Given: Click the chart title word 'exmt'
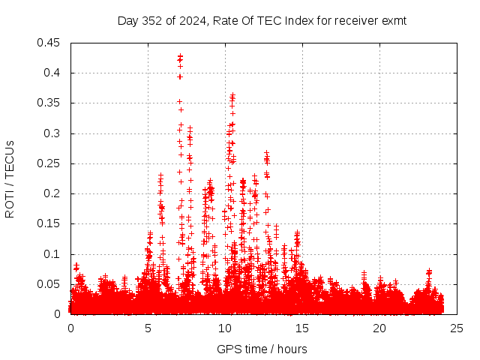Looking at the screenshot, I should pyautogui.click(x=394, y=21).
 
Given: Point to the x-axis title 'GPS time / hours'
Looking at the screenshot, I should pyautogui.click(x=262, y=349).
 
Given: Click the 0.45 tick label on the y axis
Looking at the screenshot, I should pyautogui.click(x=51, y=43).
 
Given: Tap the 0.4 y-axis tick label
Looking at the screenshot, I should pyautogui.click(x=54, y=73).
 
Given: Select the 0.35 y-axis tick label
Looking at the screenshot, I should pyautogui.click(x=51, y=103).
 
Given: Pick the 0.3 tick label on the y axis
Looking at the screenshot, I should pyautogui.click(x=54, y=133).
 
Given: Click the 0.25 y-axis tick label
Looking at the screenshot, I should pyautogui.click(x=51, y=163).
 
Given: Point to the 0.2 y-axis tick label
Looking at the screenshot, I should pyautogui.click(x=54, y=193).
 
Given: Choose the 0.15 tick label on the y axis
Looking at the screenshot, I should pyautogui.click(x=51, y=223).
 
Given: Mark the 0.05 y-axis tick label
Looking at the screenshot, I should pyautogui.click(x=51, y=284).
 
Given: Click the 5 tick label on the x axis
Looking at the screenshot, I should pyautogui.click(x=148, y=328).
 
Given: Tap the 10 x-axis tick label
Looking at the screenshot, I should pyautogui.click(x=225, y=328).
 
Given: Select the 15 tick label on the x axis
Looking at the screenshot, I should pyautogui.click(x=302, y=328).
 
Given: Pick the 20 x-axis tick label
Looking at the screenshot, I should pyautogui.click(x=379, y=328).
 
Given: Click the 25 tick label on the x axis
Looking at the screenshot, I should pyautogui.click(x=456, y=328).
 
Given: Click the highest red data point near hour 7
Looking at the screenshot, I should pyautogui.click(x=180, y=55).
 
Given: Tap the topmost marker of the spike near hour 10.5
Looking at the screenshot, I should pyautogui.click(x=232, y=95).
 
